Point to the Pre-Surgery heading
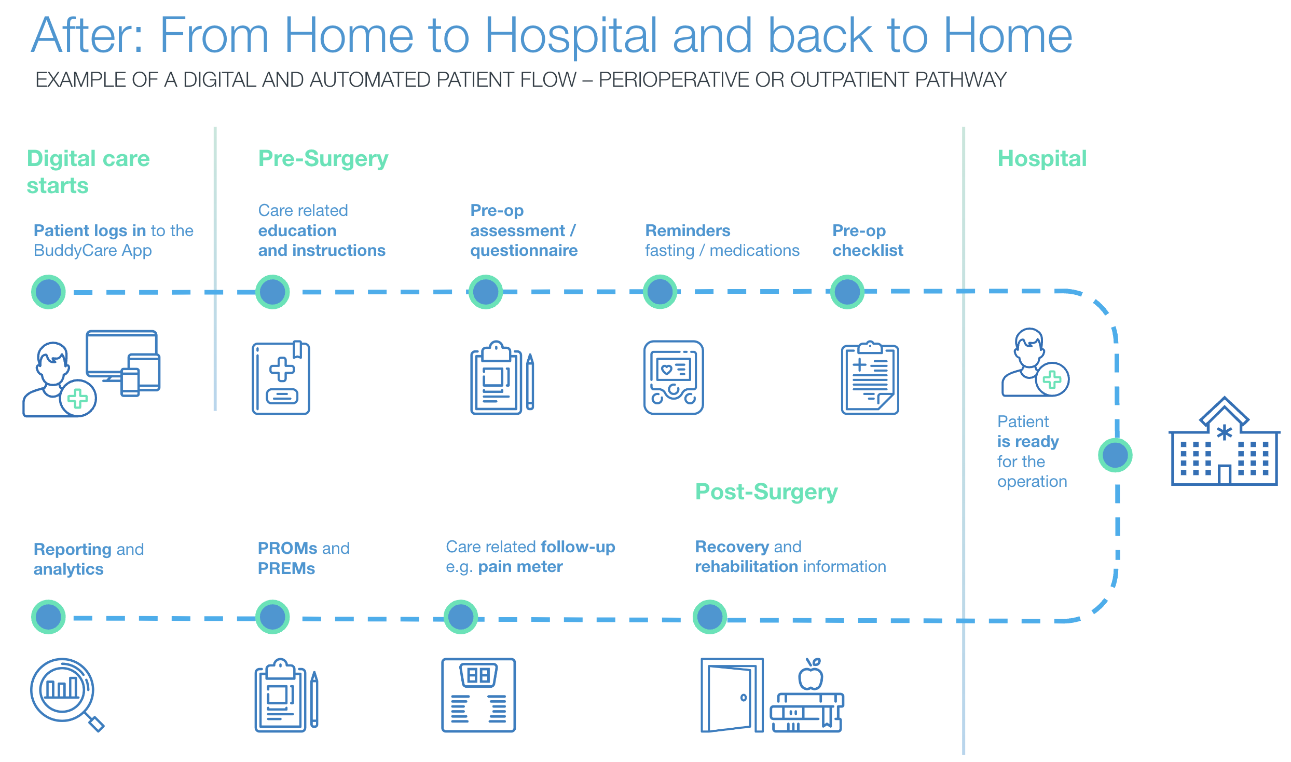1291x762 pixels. tap(323, 159)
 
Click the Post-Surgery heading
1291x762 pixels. tap(766, 492)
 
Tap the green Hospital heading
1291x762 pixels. tap(1041, 159)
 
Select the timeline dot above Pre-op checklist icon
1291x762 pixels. tap(847, 292)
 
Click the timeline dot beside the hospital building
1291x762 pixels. tap(1115, 455)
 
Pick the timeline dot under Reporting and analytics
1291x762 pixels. tap(48, 617)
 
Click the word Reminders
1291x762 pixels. tap(687, 230)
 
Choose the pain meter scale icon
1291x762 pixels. tap(478, 696)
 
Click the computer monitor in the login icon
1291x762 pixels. tap(121, 353)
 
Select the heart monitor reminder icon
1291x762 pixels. tap(673, 377)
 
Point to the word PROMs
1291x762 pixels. tap(287, 549)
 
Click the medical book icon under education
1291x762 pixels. tap(281, 378)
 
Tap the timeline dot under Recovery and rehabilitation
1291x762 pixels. tap(709, 617)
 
